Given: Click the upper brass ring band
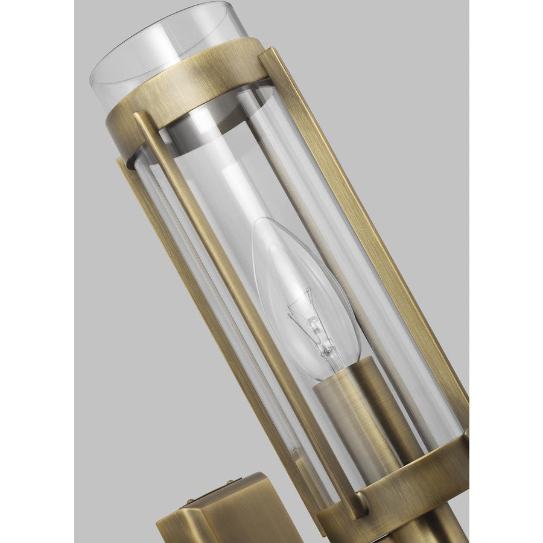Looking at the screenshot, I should [x=181, y=91].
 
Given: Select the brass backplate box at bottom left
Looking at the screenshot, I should [x=211, y=513].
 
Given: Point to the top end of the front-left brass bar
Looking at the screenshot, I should [x=140, y=118].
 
